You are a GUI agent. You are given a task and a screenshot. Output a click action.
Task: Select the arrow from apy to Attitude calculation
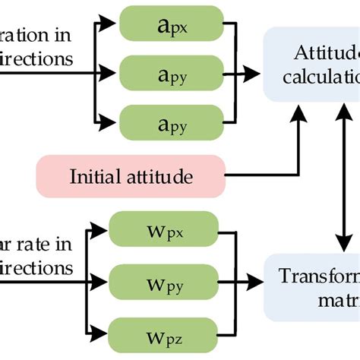click(x=244, y=74)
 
